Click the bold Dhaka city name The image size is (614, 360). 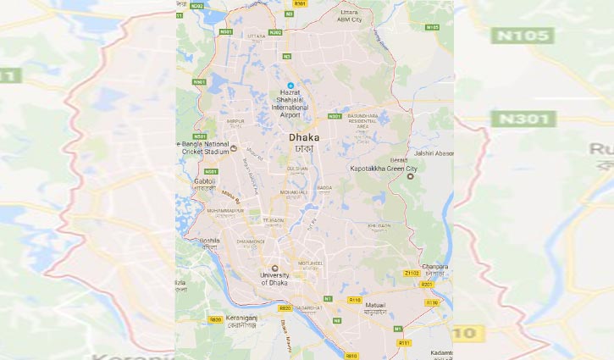click(x=303, y=136)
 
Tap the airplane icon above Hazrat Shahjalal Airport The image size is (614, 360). click(x=290, y=85)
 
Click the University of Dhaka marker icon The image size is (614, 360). click(x=274, y=268)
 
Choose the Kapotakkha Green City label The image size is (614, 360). click(x=384, y=169)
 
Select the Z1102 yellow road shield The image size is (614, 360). click(x=412, y=274)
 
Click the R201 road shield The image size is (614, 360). click(x=426, y=285)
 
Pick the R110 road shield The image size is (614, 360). click(x=354, y=300)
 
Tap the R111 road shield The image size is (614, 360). click(x=404, y=343)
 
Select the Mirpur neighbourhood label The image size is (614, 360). click(x=211, y=121)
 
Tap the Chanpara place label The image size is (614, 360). click(x=436, y=267)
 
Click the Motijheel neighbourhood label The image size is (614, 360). click(x=310, y=263)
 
